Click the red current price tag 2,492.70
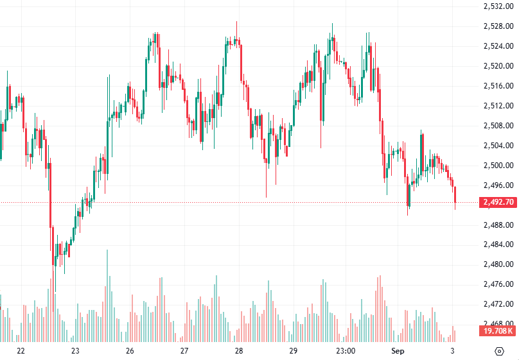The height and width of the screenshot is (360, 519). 498,202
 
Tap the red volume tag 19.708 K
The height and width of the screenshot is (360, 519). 498,331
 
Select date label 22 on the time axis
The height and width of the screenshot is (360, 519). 21,351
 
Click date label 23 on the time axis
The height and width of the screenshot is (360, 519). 75,351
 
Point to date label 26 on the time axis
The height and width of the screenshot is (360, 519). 130,351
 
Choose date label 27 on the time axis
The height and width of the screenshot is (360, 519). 184,351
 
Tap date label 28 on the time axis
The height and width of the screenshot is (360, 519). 239,351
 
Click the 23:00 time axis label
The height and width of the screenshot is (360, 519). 346,351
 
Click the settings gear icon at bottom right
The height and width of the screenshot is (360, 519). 500,351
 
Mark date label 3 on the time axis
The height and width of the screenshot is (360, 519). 452,351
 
